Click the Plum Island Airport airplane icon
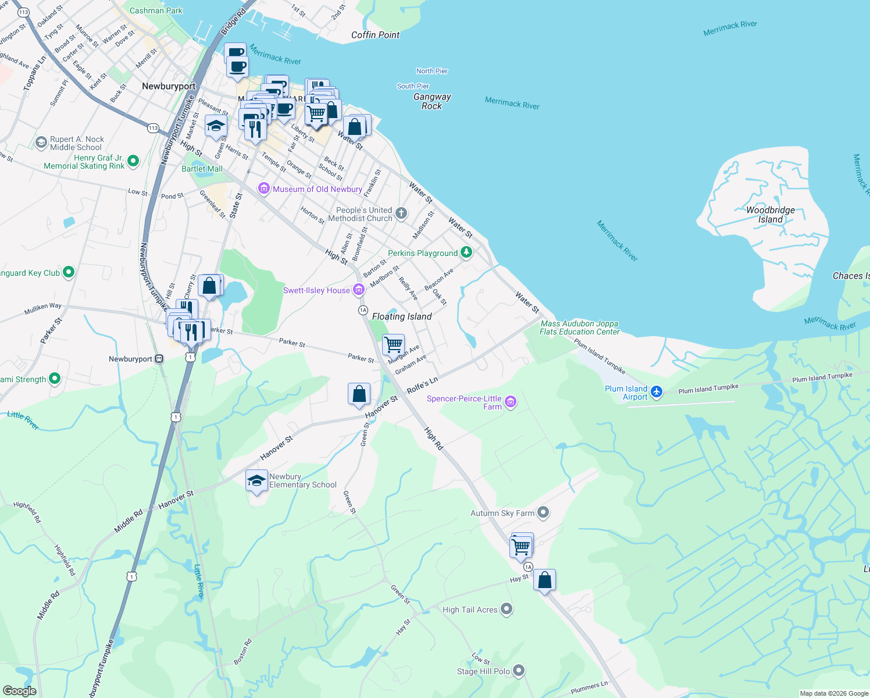click(657, 392)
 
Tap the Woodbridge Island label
click(770, 215)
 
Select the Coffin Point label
click(375, 35)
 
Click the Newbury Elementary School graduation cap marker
click(256, 480)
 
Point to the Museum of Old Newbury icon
click(264, 188)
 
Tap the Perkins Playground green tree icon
click(466, 252)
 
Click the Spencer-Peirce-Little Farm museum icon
click(510, 402)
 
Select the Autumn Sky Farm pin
click(543, 512)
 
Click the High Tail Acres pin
click(507, 609)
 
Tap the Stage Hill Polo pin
click(519, 671)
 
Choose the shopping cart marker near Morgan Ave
click(394, 344)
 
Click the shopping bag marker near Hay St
click(544, 580)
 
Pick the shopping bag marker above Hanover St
click(359, 394)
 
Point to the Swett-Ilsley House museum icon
click(359, 290)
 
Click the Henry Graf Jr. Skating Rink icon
click(133, 161)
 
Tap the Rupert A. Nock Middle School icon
click(41, 143)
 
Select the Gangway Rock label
click(432, 101)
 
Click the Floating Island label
click(402, 316)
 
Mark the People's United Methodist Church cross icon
click(401, 213)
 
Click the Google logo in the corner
click(19, 690)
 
